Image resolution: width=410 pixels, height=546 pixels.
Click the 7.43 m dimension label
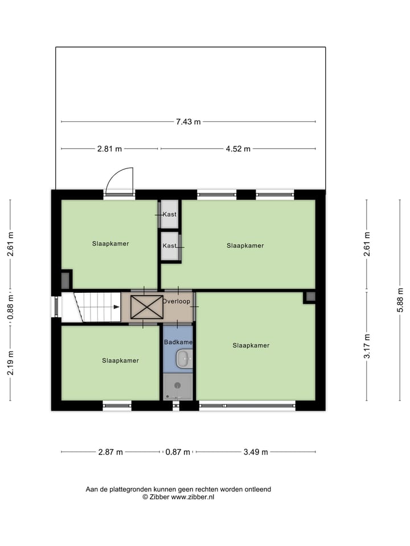coord(188,122)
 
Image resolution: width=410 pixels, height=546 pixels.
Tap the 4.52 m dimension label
coord(238,149)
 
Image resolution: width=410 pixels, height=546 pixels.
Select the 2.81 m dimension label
coord(109,149)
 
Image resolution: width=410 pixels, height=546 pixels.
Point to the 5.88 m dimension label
coord(400,304)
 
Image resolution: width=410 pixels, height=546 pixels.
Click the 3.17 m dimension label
coord(367,346)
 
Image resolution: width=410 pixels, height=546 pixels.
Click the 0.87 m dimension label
coord(177,452)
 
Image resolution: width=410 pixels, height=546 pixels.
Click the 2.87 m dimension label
coord(110,452)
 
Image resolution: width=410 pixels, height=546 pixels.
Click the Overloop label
coord(177,301)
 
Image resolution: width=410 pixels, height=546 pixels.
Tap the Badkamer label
coord(178,342)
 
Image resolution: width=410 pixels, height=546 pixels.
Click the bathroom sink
coord(184,359)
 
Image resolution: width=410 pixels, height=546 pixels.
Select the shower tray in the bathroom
coord(178,386)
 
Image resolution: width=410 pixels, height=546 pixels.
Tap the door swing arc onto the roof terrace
coord(120,181)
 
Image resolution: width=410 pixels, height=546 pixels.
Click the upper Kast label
coord(169,214)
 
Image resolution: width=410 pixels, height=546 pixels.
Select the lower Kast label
coord(169,246)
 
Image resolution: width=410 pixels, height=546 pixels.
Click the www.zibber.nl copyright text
coord(178,497)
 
